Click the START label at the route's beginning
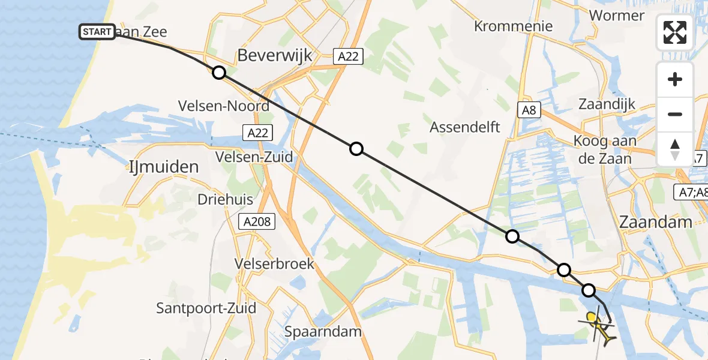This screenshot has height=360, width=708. (97, 32)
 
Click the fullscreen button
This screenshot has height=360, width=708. (675, 32)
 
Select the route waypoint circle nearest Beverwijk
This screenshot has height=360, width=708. (219, 73)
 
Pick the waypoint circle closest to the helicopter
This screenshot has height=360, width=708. (589, 291)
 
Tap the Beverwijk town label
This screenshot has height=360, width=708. (275, 56)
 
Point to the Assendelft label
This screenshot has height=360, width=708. (465, 127)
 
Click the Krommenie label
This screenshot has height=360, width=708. (513, 26)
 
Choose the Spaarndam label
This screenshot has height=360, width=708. (323, 331)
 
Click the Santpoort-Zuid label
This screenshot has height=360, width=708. (206, 308)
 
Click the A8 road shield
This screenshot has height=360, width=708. (529, 110)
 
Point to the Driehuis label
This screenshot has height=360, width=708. (226, 199)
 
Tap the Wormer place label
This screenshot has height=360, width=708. (617, 15)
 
